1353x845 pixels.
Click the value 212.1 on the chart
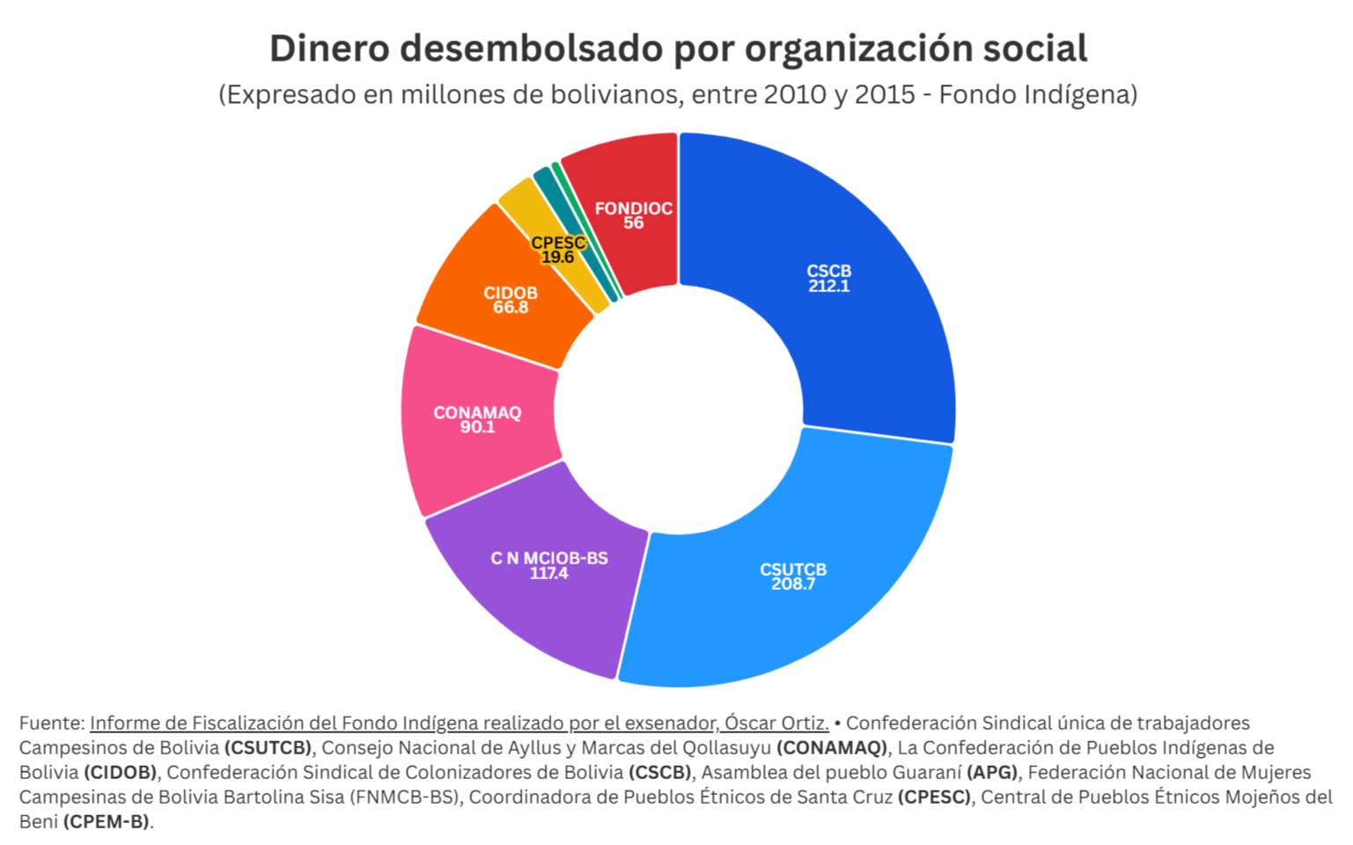tap(829, 286)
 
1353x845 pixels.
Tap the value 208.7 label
tap(793, 584)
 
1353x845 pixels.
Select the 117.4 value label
tap(548, 573)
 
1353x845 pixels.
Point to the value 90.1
tap(477, 427)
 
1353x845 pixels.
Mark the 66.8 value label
tap(511, 307)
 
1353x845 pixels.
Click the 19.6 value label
tap(557, 257)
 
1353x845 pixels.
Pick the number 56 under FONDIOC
tap(634, 223)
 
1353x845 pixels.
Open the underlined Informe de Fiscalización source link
tap(459, 724)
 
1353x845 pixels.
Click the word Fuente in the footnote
tap(51, 724)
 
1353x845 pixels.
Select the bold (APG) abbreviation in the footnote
tap(992, 773)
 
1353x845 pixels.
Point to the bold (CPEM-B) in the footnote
tap(106, 822)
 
